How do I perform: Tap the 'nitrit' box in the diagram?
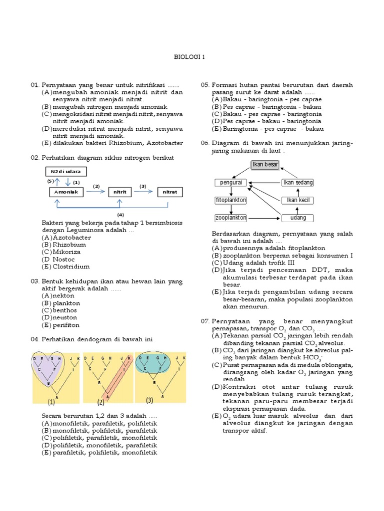pos(119,192)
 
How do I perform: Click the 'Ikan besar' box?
pos(264,165)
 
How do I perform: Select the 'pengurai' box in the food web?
pos(230,183)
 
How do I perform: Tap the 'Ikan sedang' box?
pos(297,183)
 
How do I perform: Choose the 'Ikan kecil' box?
pos(297,200)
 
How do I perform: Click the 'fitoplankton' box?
pos(230,200)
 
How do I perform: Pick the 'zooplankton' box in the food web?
pos(230,218)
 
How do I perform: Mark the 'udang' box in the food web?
pos(297,218)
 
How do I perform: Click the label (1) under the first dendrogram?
pos(51,402)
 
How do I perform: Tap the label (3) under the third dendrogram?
pos(149,401)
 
